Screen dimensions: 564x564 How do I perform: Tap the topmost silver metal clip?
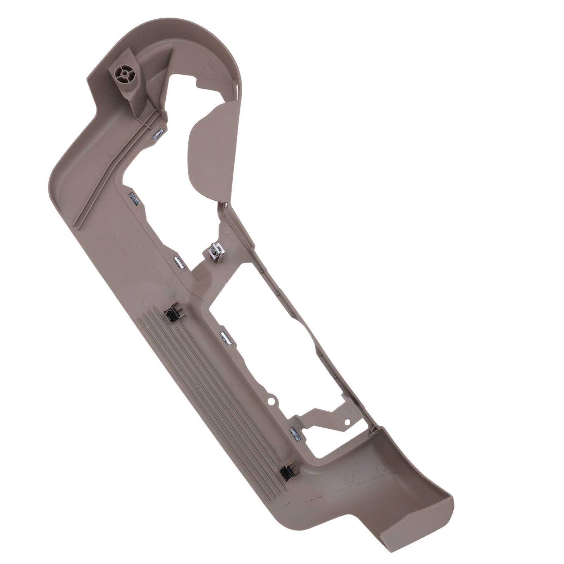click(x=158, y=134)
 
